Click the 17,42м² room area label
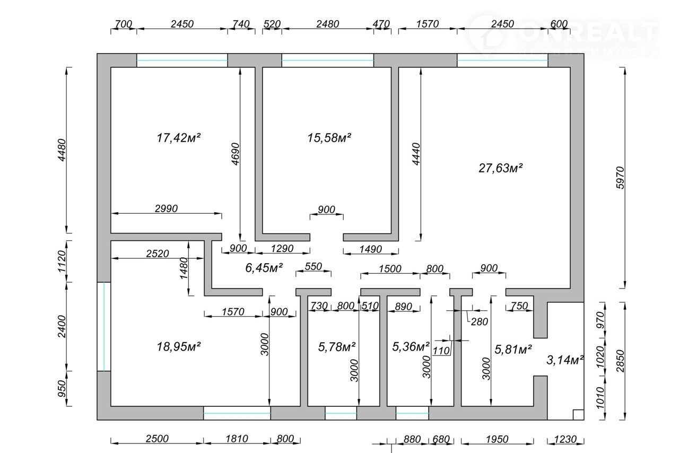point(179,138)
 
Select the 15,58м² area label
point(329,138)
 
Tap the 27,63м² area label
point(501,168)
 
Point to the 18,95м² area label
point(179,346)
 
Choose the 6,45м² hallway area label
point(264,268)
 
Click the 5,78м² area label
point(337,347)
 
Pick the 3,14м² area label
point(565,360)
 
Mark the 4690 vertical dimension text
point(235,154)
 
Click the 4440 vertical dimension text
point(416,154)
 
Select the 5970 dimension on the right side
point(621,178)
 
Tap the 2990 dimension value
point(166,208)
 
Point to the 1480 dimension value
point(184,268)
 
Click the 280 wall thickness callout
point(479,321)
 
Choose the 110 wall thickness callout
point(441,351)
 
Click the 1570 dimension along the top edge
point(428,24)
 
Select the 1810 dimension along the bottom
point(237,439)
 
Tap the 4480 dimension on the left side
point(62,150)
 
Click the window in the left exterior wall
point(104,327)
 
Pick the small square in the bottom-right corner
point(578,414)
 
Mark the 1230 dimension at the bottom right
point(565,439)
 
